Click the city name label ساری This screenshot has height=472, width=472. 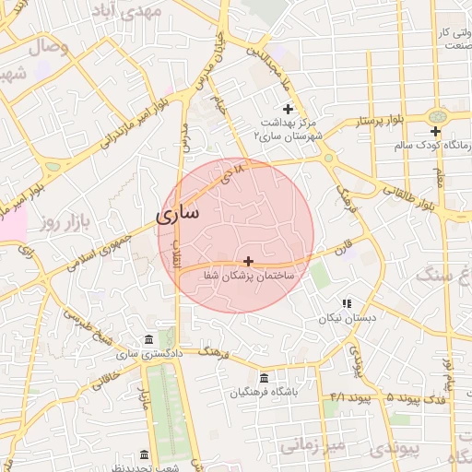click(176, 216)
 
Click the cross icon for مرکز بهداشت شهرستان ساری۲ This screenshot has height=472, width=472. click(288, 110)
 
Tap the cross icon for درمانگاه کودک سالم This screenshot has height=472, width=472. click(435, 130)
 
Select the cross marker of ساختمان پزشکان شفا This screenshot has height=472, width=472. click(248, 261)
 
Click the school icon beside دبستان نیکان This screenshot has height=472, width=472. click(347, 303)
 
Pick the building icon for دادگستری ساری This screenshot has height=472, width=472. click(149, 339)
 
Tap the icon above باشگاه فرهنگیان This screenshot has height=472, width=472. click(264, 378)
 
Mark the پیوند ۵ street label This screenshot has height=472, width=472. click(376, 397)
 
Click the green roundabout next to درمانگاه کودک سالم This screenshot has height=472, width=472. click(436, 117)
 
